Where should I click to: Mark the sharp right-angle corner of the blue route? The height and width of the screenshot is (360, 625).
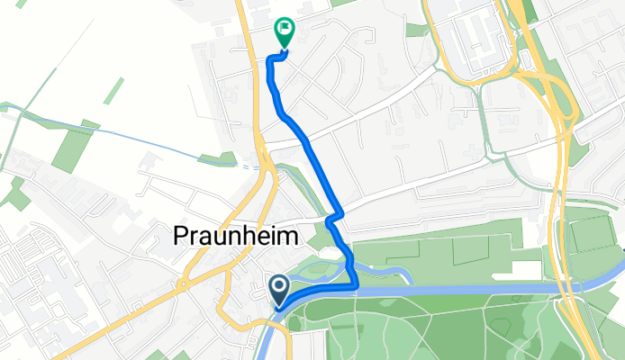pos(358,286)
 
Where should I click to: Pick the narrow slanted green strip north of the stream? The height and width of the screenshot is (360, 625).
pos(113,91)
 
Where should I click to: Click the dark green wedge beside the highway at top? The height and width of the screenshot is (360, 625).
pos(530,11)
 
